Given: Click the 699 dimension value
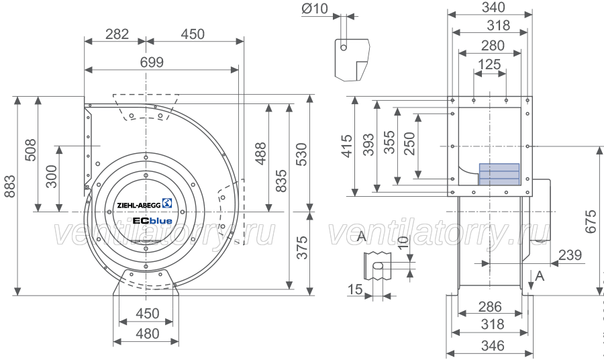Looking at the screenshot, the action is click(152, 62).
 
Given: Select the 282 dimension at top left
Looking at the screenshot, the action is click(117, 34).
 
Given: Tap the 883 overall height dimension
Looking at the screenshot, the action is click(9, 186).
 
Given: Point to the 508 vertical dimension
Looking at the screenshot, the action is click(30, 150).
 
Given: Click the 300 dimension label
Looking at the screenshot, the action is click(51, 177).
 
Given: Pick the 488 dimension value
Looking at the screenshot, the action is click(261, 153).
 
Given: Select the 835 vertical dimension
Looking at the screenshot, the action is click(281, 181).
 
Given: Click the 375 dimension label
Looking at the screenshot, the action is click(302, 247).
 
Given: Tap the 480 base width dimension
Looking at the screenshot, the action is click(148, 333).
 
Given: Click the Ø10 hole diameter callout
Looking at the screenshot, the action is click(315, 9).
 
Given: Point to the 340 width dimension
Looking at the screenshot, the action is click(493, 7).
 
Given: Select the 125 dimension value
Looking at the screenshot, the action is click(489, 64).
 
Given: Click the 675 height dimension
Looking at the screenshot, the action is click(591, 221).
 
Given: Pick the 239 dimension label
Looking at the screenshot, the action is click(570, 255).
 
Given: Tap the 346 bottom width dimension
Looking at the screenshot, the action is click(493, 346).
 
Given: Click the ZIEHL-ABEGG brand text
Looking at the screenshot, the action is click(139, 205).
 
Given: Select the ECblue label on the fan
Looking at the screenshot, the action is click(152, 221).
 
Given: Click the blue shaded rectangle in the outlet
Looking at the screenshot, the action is click(499, 174).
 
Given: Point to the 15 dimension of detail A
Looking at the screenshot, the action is click(355, 288).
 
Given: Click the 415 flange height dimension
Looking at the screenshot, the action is click(347, 146).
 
